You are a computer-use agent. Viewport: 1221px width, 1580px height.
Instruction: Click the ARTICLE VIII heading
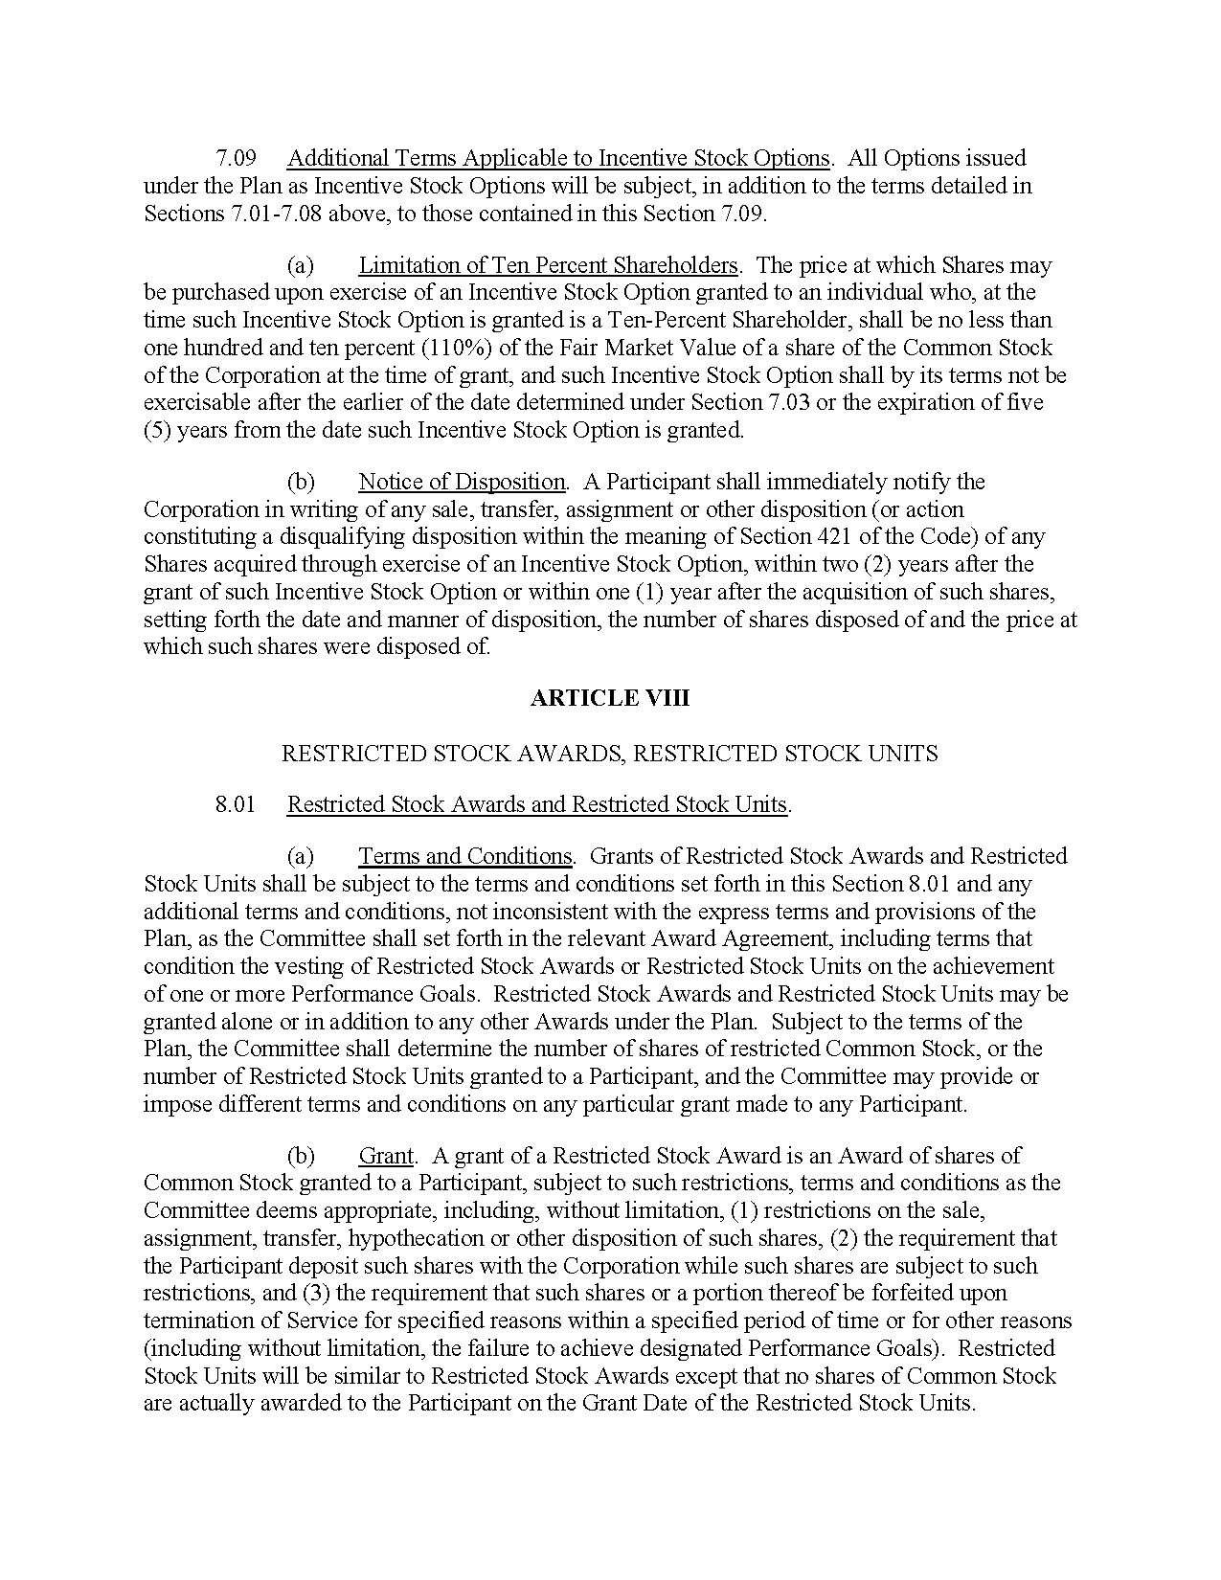click(609, 698)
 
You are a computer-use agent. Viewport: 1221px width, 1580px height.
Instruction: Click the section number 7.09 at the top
click(236, 158)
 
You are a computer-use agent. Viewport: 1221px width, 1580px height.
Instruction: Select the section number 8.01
click(236, 804)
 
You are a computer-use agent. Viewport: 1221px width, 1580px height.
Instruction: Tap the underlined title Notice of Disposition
click(462, 482)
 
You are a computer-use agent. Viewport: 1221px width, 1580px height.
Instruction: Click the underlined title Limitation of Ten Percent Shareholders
click(548, 265)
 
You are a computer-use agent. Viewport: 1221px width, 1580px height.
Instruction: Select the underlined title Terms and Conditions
click(464, 856)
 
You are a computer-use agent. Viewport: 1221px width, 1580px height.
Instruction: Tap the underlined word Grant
click(386, 1156)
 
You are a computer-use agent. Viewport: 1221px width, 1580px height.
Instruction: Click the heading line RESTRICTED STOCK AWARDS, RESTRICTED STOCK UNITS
click(609, 754)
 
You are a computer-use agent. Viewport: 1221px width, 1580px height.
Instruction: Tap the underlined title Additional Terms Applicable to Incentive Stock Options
click(557, 158)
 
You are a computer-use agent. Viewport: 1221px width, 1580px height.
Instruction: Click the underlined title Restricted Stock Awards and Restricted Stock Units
click(536, 804)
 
